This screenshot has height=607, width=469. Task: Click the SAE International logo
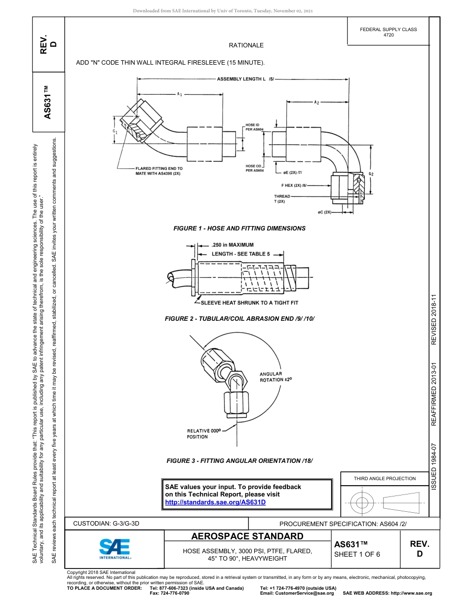pos(115,548)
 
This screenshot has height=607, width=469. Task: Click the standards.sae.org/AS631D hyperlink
pos(215,502)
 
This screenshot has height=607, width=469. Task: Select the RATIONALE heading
pos(246,45)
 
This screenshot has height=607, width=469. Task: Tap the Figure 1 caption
pos(239,228)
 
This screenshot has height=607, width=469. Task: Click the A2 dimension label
pos(316,103)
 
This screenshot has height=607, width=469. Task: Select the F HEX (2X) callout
pos(294,186)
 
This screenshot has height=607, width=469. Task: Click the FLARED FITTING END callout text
pos(158,171)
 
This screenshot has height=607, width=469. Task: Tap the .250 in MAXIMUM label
pos(232,245)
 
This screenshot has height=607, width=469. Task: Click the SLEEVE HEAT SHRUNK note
pos(249,303)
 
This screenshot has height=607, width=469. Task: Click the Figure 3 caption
pos(239,461)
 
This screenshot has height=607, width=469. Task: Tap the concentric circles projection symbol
pos(362,503)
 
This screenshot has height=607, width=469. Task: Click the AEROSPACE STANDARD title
pos(247,536)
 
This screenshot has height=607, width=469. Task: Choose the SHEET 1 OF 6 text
pos(357,554)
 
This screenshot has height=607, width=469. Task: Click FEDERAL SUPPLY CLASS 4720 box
pos(388,32)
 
